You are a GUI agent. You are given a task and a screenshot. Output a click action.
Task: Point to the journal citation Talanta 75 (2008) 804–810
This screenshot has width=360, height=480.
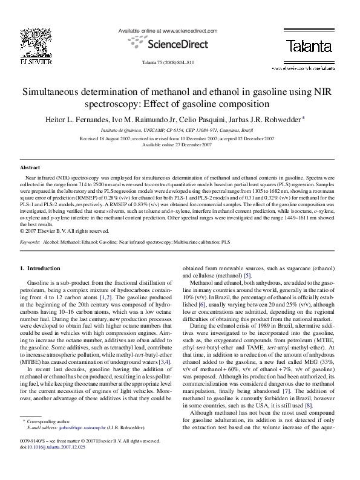tap(168, 62)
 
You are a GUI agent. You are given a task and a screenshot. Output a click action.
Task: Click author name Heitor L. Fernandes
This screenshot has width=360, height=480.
tap(76, 119)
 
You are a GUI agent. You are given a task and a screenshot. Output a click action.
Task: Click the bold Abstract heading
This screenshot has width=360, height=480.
tap(30, 166)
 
